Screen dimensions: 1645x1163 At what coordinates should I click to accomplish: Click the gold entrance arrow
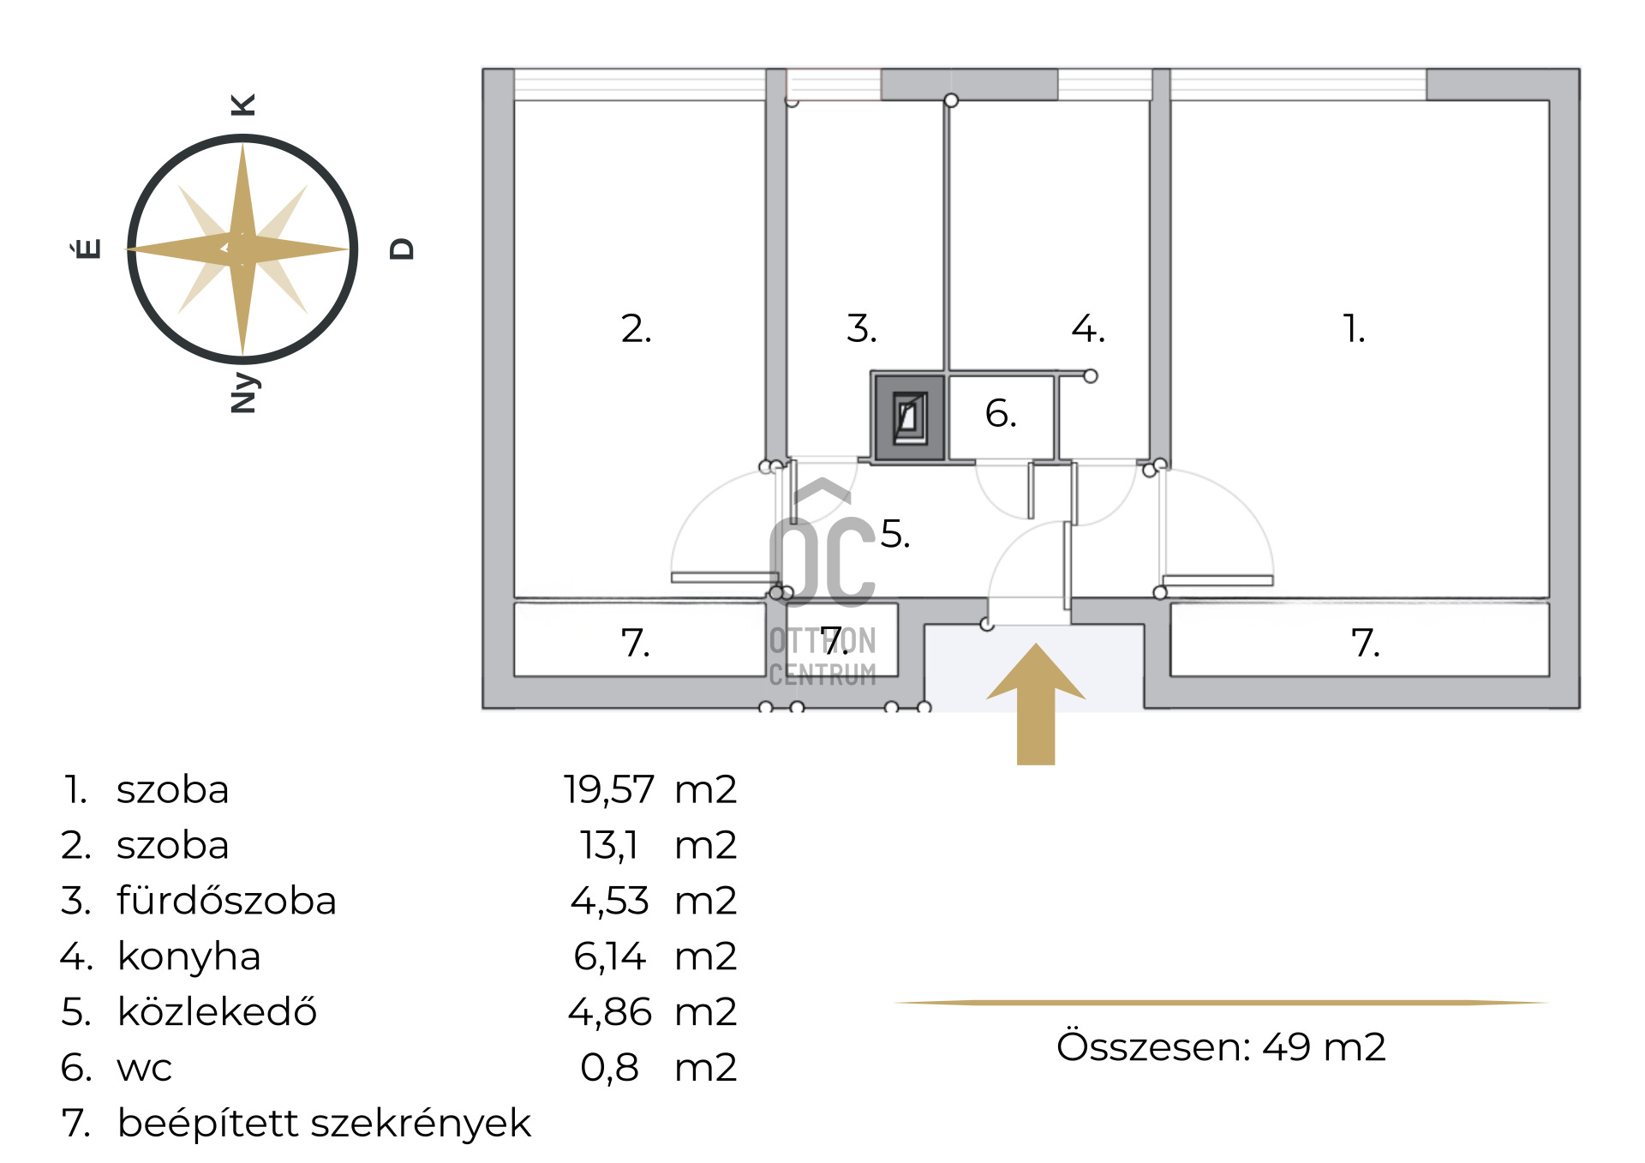pyautogui.click(x=1036, y=704)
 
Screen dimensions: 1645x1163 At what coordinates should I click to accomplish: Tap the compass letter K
pyautogui.click(x=243, y=105)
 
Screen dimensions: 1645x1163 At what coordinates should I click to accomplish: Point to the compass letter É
pyautogui.click(x=87, y=249)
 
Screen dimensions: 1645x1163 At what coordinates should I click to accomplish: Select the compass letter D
pyautogui.click(x=402, y=249)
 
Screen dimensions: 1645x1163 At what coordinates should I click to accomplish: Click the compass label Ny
pyautogui.click(x=244, y=393)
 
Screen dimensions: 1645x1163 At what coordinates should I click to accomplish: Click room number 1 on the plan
pyautogui.click(x=1354, y=328)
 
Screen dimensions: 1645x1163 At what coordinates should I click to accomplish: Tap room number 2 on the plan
pyautogui.click(x=636, y=328)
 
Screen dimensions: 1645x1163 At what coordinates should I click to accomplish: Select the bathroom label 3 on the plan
pyautogui.click(x=861, y=328)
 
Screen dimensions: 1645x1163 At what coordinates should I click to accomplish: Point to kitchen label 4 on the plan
pyautogui.click(x=1088, y=328)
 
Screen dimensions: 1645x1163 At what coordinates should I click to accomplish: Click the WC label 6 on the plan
pyautogui.click(x=1001, y=413)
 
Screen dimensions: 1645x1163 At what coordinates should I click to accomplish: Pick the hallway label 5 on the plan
pyautogui.click(x=894, y=534)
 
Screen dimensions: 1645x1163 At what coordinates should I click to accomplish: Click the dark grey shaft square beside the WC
pyautogui.click(x=908, y=417)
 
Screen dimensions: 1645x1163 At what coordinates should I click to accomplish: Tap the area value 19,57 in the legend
pyautogui.click(x=608, y=790)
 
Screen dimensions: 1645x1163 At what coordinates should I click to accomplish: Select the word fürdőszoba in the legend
pyautogui.click(x=226, y=901)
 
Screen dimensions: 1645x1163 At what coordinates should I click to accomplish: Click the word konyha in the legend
pyautogui.click(x=188, y=957)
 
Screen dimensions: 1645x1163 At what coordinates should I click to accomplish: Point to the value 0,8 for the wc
pyautogui.click(x=609, y=1068)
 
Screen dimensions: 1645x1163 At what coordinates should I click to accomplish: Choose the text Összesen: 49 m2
pyautogui.click(x=1221, y=1046)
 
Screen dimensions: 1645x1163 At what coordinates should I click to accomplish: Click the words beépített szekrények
pyautogui.click(x=324, y=1124)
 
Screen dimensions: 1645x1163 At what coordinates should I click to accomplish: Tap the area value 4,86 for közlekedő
pyautogui.click(x=609, y=1012)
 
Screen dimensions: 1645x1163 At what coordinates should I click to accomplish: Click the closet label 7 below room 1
pyautogui.click(x=1365, y=643)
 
